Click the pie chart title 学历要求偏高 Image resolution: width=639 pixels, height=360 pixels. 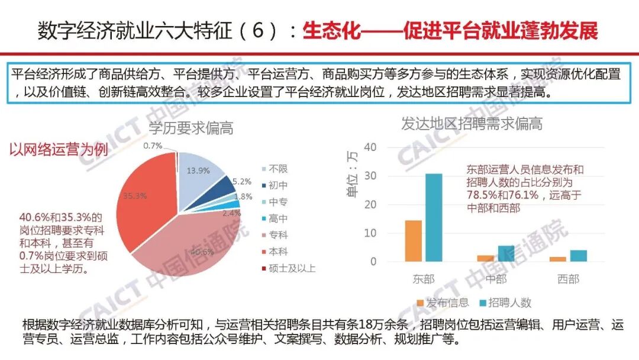191,128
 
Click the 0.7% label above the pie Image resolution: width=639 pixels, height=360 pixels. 153,146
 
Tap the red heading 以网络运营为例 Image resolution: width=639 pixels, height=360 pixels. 58,150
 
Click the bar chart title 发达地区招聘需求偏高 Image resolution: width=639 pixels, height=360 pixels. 472,124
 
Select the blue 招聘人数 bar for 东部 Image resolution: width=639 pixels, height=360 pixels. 434,217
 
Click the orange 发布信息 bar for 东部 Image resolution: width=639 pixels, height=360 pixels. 414,241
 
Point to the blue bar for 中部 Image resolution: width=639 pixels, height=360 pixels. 506,253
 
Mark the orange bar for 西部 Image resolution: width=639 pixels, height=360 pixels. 557,259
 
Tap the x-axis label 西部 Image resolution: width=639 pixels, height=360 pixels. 568,279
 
